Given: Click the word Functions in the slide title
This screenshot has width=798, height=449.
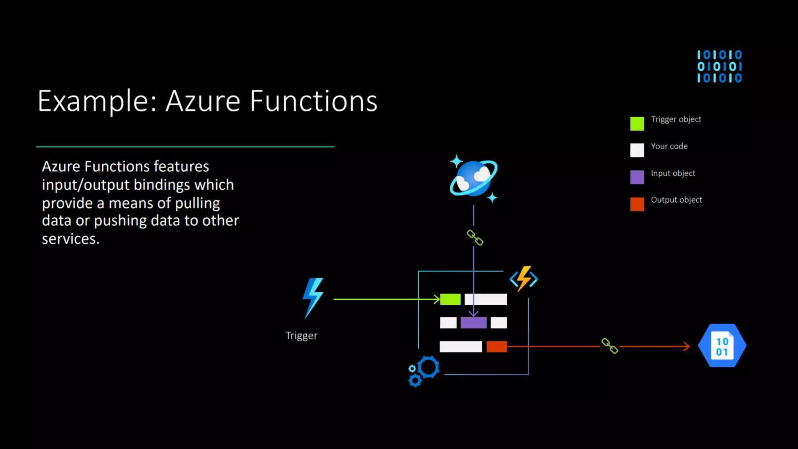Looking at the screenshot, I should point(313,101).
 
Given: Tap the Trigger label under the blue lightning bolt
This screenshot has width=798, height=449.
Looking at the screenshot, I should point(301,336).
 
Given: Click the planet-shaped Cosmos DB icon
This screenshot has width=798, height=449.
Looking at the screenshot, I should point(473,179).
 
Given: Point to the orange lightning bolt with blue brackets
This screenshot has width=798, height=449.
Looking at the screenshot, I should point(524,279).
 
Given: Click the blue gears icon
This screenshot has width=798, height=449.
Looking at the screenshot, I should point(424,371).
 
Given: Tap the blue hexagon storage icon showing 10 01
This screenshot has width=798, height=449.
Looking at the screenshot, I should point(722,346).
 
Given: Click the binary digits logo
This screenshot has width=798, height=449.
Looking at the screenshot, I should point(719,66).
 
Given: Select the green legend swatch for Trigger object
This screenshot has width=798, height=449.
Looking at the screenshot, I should point(637,124).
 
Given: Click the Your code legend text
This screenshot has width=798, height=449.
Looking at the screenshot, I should point(669,146).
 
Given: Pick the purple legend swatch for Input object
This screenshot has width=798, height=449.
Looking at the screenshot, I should point(637,177).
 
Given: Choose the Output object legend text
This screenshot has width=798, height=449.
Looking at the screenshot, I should point(676,200).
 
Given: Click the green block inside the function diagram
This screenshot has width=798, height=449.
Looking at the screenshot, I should point(450,299).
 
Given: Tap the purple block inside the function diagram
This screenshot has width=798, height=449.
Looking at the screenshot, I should point(473,323).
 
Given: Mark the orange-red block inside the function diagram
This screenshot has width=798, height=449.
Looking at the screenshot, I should point(497,346).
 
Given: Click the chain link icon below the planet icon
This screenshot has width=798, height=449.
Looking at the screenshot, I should point(475,237).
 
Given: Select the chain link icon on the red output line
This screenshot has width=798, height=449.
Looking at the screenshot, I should point(609,346).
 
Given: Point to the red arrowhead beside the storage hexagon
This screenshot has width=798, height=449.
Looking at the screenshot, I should point(686,346).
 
